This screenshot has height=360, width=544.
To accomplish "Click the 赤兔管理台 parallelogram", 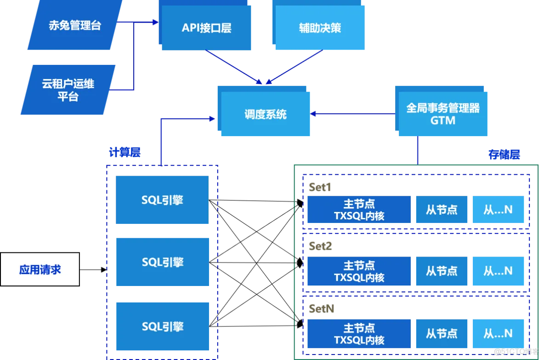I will coord(75,25).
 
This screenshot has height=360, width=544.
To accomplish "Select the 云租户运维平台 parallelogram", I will coord(68,90).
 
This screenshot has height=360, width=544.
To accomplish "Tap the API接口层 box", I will coord(206,28).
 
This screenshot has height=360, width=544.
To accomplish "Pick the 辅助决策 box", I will coord(320,28).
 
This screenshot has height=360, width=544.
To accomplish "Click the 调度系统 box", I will coord(265,114).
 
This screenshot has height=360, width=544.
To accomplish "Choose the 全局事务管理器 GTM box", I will coord(443,114).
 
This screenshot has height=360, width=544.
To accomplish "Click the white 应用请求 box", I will coord(40,269).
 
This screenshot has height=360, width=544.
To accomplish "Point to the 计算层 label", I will coord(125,152).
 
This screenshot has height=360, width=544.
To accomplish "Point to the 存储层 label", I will coord(504,154).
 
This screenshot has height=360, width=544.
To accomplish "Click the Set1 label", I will coord(320,187).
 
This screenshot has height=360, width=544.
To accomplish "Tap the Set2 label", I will coord(321,246).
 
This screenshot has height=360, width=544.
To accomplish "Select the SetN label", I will coord(322,309).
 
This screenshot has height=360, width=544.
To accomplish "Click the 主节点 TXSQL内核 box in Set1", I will coord(359,210).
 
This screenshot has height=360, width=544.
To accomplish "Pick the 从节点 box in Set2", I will coord(442,271).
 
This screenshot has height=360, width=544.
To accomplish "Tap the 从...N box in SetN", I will coord(498,334).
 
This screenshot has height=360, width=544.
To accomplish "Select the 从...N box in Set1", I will coord(498,210).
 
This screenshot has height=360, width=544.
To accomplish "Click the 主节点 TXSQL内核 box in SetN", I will coord(359,334).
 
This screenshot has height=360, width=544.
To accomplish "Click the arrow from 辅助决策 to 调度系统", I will coord(294,67).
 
